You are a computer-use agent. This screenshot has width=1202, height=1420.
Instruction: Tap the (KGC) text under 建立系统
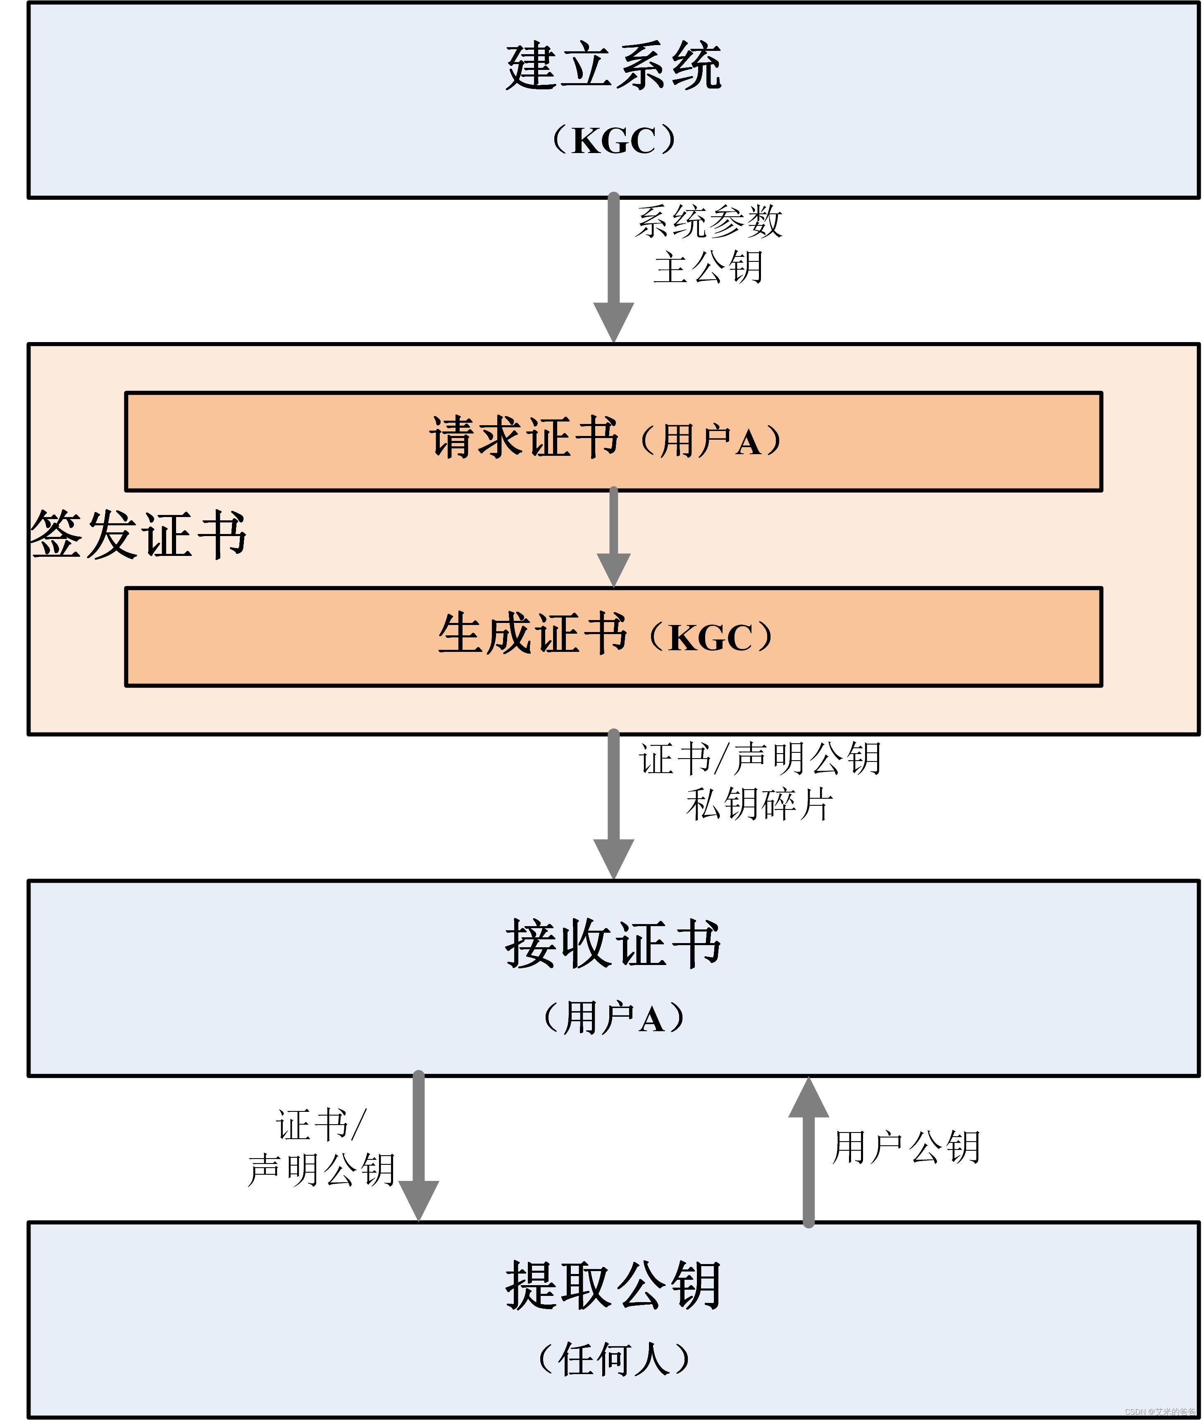(x=613, y=141)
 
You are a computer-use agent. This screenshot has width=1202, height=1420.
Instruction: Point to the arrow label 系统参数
(x=708, y=222)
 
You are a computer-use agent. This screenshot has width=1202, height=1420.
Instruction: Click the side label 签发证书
(x=138, y=535)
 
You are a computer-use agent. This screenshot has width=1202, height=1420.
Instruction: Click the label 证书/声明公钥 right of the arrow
(x=760, y=759)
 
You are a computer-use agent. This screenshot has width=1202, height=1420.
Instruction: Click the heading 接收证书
(x=613, y=944)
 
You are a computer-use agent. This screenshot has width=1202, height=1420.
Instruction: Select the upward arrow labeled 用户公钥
(x=808, y=1152)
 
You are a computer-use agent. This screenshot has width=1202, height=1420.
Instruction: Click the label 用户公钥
(x=906, y=1147)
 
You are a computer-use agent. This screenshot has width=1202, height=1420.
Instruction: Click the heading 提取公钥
(x=613, y=1285)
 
